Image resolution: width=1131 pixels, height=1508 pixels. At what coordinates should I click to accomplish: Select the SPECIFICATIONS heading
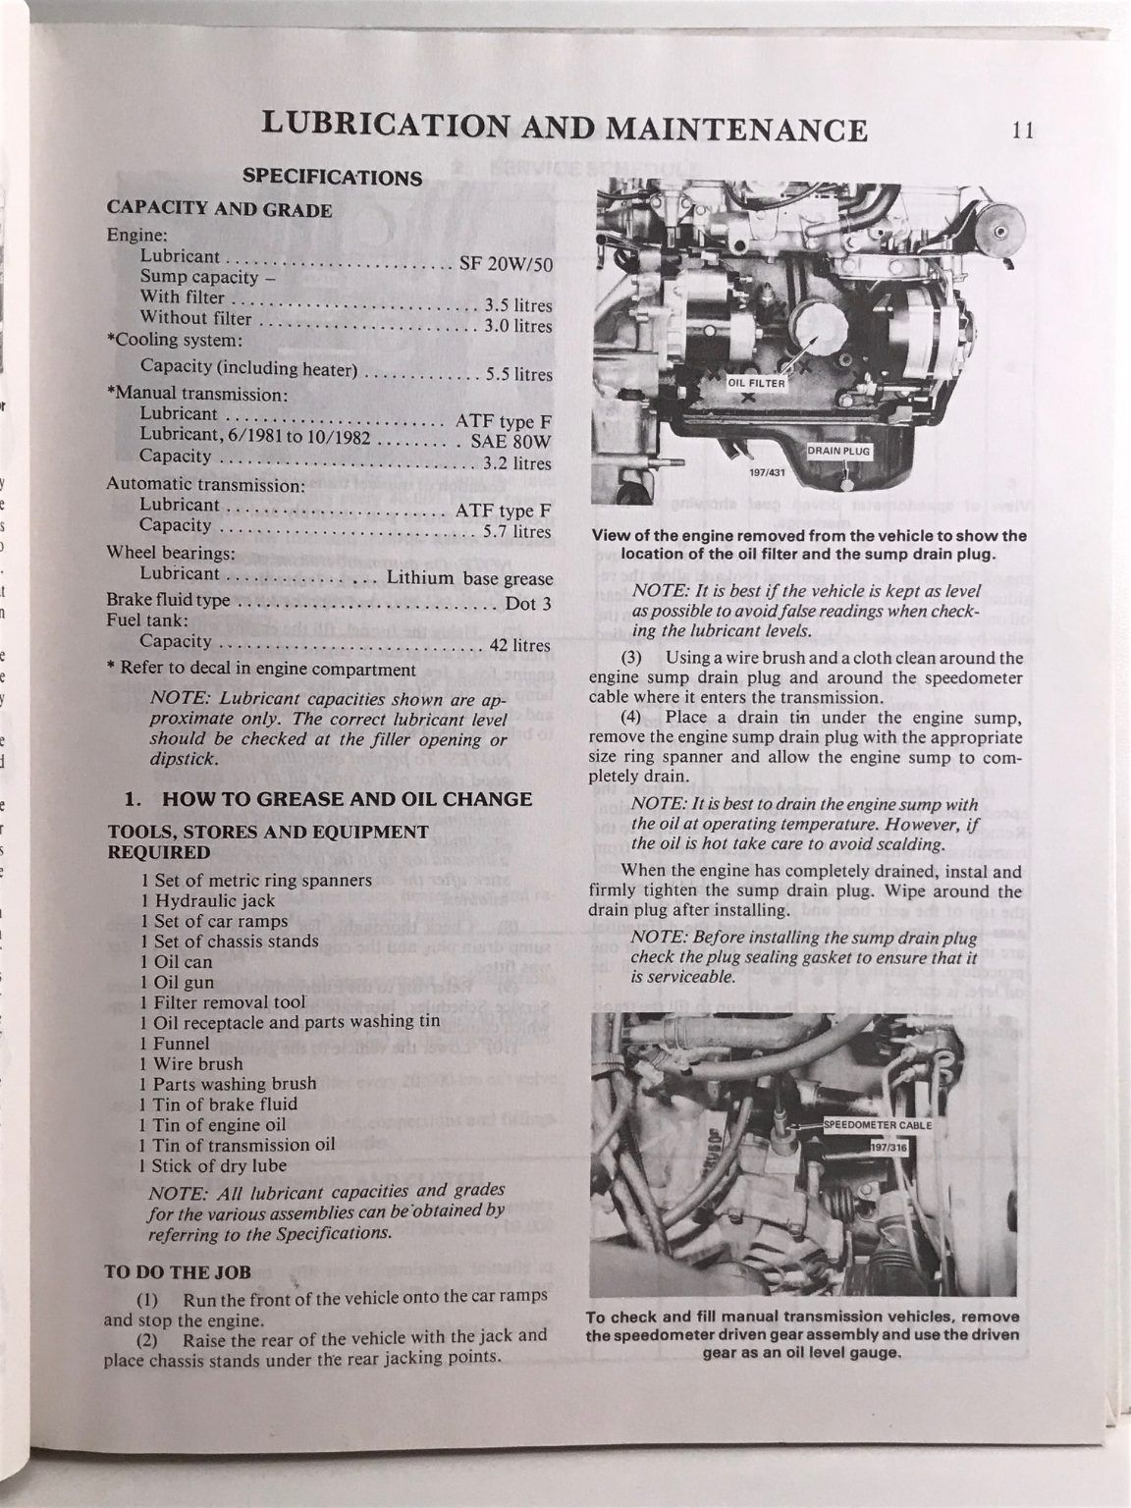[332, 178]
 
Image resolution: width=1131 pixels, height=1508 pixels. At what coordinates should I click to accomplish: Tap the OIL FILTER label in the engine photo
[756, 383]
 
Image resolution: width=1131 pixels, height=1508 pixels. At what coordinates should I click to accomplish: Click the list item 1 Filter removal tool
[222, 1002]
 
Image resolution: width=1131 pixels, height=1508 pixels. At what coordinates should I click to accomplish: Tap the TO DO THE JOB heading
[178, 1271]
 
